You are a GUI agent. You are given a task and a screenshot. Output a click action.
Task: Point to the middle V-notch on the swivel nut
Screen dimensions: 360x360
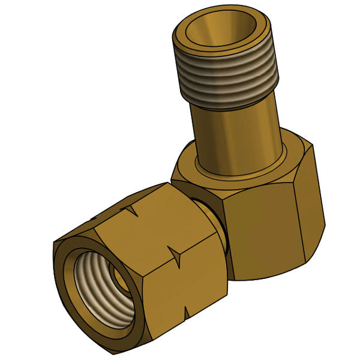pyautogui.click(x=175, y=254)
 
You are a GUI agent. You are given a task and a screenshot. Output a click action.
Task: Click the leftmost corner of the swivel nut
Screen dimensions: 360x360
pyautogui.click(x=53, y=243)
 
